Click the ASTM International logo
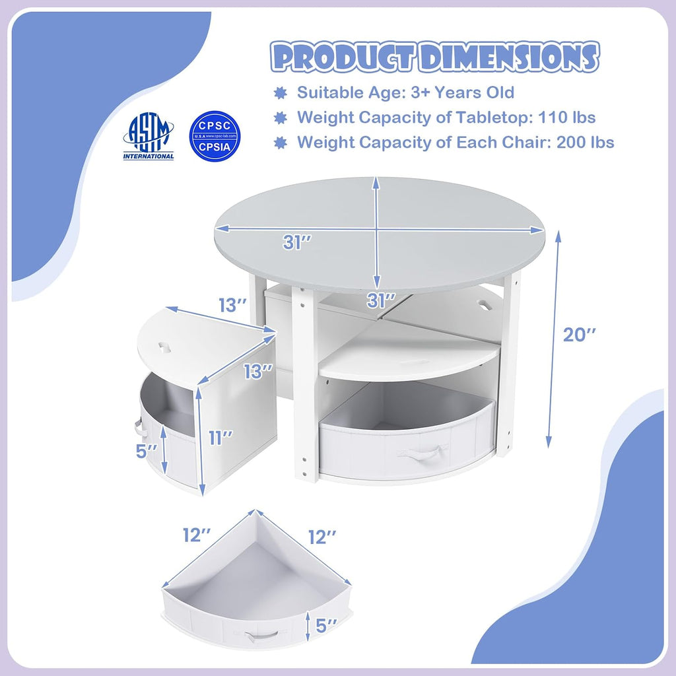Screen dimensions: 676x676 click(x=149, y=136)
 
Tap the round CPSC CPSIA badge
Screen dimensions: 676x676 click(x=215, y=136)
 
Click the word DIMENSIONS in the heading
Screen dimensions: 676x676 click(x=509, y=57)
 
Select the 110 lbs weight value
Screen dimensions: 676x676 click(x=566, y=118)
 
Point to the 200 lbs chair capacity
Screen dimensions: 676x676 click(x=585, y=143)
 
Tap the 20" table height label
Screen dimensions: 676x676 click(x=580, y=335)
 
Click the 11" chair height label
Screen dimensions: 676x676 click(x=220, y=438)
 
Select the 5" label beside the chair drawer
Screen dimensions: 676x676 click(x=147, y=451)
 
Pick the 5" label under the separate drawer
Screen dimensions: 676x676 click(x=326, y=626)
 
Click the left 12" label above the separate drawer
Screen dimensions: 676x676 click(x=197, y=535)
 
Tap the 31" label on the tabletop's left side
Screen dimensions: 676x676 click(x=297, y=242)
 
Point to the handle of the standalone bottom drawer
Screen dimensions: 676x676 click(x=261, y=636)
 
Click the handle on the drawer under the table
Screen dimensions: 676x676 click(x=419, y=455)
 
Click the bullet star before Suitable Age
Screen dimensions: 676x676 click(x=281, y=92)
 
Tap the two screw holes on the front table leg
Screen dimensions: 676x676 click(x=304, y=466)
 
